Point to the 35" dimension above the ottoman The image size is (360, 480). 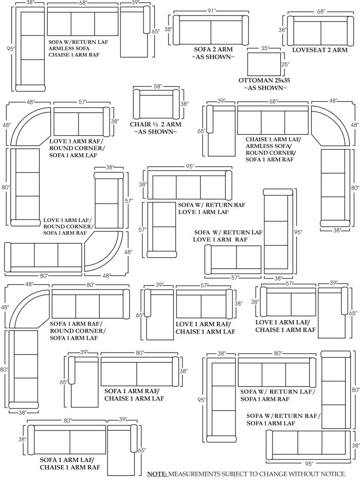tap(265, 48)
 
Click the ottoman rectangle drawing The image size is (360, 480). tap(264, 64)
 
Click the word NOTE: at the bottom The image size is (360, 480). tap(157, 473)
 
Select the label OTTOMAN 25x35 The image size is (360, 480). tap(265, 81)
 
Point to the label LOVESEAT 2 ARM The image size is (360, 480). tap(320, 50)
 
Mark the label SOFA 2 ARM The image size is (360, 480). tap(213, 49)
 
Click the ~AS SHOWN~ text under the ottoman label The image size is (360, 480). tap(265, 88)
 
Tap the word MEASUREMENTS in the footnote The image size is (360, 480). tap(201, 473)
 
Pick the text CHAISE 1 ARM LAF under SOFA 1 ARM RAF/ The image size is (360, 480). tap(134, 398)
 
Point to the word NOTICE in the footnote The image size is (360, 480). tap(330, 473)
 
